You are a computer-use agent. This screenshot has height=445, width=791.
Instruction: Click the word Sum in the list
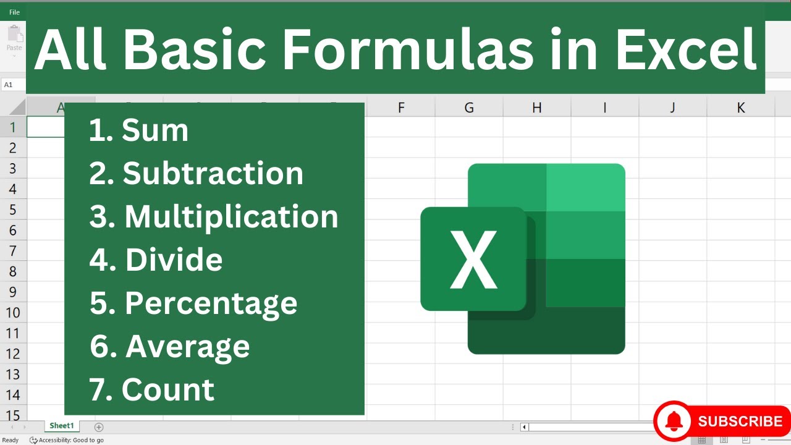click(x=154, y=130)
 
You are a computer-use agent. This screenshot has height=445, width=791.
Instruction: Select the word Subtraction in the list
click(x=213, y=174)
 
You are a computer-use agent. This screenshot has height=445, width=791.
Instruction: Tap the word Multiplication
click(x=231, y=217)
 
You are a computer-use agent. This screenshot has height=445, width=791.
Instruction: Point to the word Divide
click(x=174, y=260)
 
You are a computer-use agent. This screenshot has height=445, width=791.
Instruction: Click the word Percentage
click(x=211, y=303)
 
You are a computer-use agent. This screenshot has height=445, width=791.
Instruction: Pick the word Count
click(x=167, y=390)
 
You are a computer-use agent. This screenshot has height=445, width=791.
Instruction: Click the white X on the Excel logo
click(x=473, y=260)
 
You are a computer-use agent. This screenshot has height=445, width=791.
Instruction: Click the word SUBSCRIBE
click(x=740, y=422)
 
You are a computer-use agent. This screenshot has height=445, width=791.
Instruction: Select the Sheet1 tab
click(x=61, y=426)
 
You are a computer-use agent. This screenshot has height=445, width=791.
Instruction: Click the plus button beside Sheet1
click(x=99, y=426)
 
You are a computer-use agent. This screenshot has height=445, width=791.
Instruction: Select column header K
click(x=740, y=108)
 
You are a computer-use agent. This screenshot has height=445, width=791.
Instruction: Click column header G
click(x=469, y=108)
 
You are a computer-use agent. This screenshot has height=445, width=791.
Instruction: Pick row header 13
click(x=12, y=375)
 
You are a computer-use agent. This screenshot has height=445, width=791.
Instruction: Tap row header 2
click(x=12, y=148)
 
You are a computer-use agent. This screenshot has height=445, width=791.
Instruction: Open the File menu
click(x=14, y=12)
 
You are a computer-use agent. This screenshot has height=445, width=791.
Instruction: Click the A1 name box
click(x=9, y=85)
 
